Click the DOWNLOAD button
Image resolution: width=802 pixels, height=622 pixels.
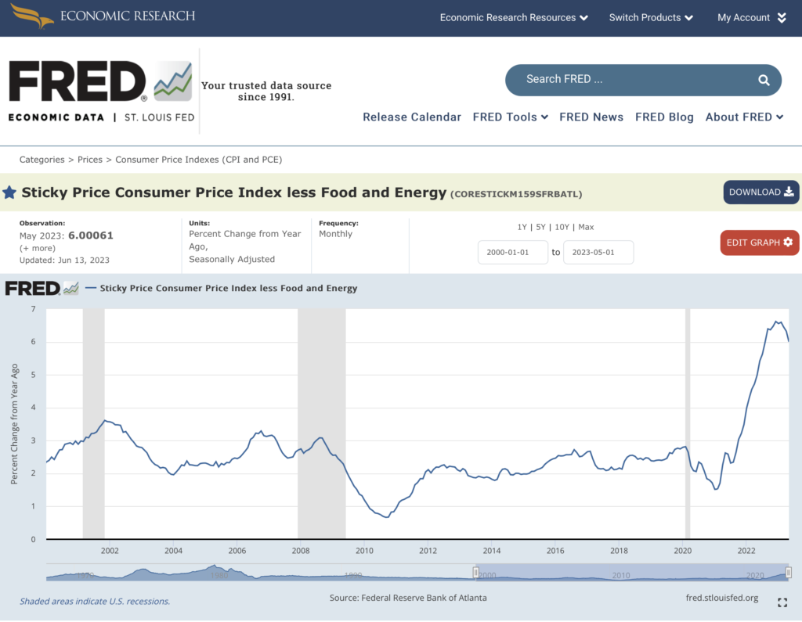tap(760, 192)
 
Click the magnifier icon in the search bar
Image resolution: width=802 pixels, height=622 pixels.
tap(764, 80)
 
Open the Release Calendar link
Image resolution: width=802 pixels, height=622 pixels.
tap(412, 117)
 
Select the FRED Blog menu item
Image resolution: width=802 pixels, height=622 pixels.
tap(664, 117)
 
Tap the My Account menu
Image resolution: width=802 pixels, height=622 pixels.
tap(751, 17)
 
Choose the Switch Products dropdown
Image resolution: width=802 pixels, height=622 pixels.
tap(651, 17)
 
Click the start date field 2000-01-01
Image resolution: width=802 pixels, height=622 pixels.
tap(513, 252)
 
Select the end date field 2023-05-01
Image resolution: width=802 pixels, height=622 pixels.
tap(598, 252)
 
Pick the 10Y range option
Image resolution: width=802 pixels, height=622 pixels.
tap(562, 227)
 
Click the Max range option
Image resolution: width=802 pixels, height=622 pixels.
tap(586, 227)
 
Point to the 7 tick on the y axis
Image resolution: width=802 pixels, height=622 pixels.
tap(33, 309)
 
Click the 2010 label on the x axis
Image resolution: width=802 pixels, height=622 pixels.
tap(363, 550)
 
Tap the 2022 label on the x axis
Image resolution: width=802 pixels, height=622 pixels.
tap(746, 550)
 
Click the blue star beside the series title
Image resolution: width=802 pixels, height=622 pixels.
tap(9, 192)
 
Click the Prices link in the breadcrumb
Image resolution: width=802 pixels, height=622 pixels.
tap(90, 160)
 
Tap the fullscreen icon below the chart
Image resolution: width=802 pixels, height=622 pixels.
tap(782, 602)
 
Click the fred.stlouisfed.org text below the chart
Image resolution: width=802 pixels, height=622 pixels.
tap(721, 598)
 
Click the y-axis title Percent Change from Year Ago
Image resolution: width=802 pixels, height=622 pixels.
tap(14, 423)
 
